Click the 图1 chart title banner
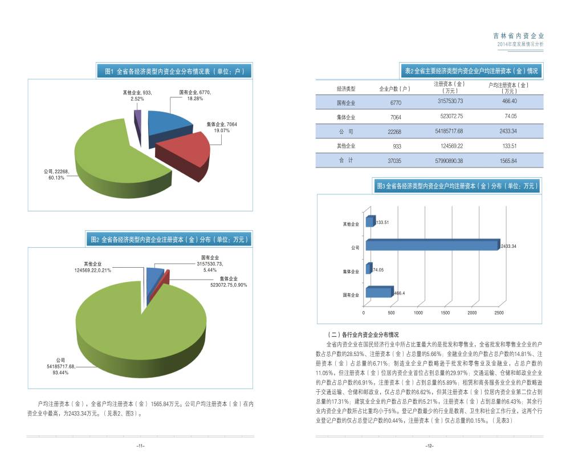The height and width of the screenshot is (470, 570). click(174, 71)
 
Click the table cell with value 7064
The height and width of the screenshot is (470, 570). click(396, 117)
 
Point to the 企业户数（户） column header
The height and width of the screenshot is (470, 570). click(395, 88)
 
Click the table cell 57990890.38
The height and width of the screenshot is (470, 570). click(449, 161)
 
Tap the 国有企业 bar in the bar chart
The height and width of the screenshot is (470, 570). click(379, 292)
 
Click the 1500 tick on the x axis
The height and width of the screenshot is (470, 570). click(445, 313)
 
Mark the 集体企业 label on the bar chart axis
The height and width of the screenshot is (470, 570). click(351, 271)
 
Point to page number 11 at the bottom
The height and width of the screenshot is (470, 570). click(140, 446)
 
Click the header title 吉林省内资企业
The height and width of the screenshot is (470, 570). click(519, 35)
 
